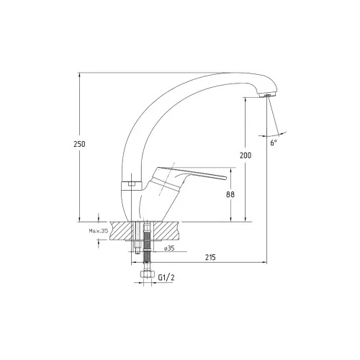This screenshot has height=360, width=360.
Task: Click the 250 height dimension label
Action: point(79,144)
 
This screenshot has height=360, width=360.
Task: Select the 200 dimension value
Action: point(246,156)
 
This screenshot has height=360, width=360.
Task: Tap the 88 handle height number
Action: point(230,194)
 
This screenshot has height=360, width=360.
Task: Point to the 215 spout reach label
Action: point(210,257)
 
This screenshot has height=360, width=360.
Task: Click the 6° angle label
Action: point(274,143)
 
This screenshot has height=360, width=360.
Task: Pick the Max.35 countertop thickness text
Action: point(99,231)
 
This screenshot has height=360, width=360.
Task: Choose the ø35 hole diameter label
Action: point(169,248)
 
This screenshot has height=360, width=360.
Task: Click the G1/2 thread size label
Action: point(166,277)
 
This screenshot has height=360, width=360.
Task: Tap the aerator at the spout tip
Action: point(268,94)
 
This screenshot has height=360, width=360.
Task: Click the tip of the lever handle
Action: point(225,178)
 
